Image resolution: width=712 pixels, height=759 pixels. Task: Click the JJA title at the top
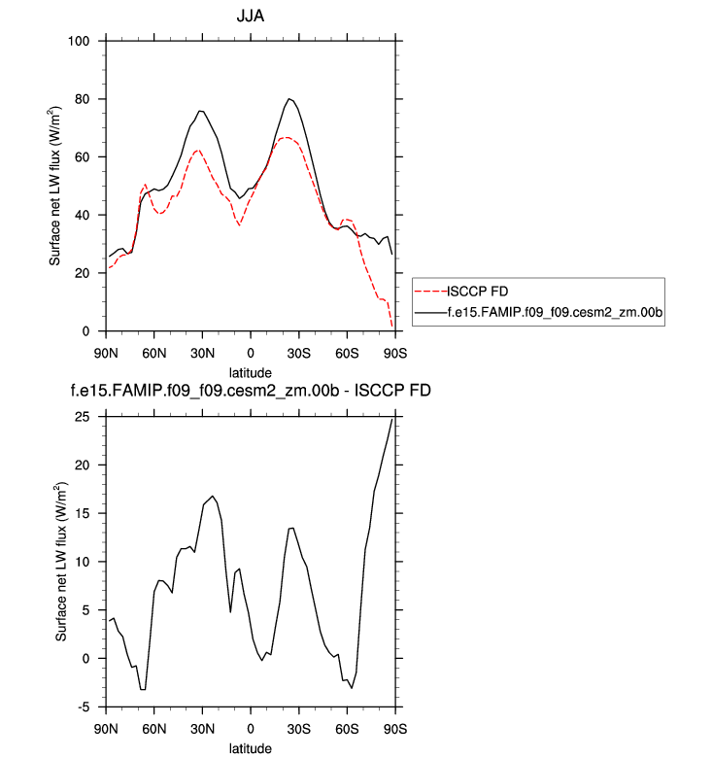(x=250, y=17)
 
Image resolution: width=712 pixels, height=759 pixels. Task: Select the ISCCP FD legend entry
(x=476, y=291)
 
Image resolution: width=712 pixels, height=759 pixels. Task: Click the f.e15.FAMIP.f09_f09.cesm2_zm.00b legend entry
(x=554, y=312)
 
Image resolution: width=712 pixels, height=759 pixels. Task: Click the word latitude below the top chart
(x=250, y=371)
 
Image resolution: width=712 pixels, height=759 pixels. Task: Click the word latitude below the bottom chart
(x=250, y=747)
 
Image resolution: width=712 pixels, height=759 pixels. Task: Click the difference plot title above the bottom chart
(x=250, y=391)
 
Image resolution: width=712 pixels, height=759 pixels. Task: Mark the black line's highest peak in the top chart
(x=289, y=98)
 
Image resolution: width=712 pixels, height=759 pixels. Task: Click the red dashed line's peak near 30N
(x=197, y=150)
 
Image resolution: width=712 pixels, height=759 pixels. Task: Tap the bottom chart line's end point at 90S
(x=393, y=419)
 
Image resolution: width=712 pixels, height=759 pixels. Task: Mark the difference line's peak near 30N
(x=214, y=496)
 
